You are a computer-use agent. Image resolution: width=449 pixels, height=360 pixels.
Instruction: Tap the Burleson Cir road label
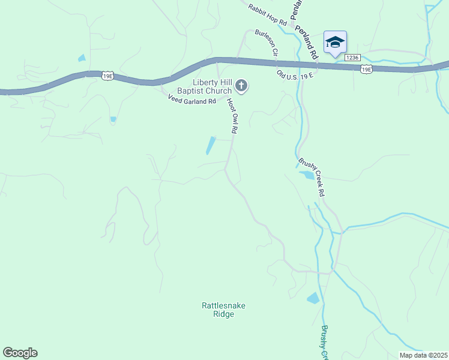(267, 43)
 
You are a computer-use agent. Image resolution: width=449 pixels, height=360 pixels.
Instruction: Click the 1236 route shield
(352, 58)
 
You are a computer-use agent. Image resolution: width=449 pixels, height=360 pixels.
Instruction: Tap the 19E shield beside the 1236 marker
(366, 70)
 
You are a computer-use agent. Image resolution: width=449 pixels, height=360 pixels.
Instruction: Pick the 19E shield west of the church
(107, 76)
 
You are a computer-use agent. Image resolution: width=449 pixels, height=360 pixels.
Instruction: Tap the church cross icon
(241, 86)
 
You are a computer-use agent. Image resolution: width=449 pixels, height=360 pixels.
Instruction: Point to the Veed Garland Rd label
(191, 101)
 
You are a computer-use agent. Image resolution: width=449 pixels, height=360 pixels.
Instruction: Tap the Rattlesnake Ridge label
(223, 310)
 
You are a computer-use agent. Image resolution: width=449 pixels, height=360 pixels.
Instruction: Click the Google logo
(20, 353)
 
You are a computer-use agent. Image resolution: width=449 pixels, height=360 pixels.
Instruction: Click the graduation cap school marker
(335, 43)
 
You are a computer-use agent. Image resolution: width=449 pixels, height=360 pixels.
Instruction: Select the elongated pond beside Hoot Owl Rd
(211, 146)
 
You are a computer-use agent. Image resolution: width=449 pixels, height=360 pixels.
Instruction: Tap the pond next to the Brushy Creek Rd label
(306, 175)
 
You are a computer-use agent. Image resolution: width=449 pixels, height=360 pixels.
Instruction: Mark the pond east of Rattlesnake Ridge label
(313, 298)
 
